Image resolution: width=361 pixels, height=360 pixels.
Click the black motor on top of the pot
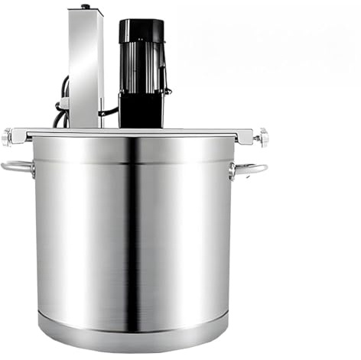141,73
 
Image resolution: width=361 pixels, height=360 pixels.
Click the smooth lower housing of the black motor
141,110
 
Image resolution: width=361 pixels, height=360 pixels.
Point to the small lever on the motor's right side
165,91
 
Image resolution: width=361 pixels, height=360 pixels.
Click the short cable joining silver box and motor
110,113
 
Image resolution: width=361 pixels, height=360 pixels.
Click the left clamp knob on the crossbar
8,138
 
